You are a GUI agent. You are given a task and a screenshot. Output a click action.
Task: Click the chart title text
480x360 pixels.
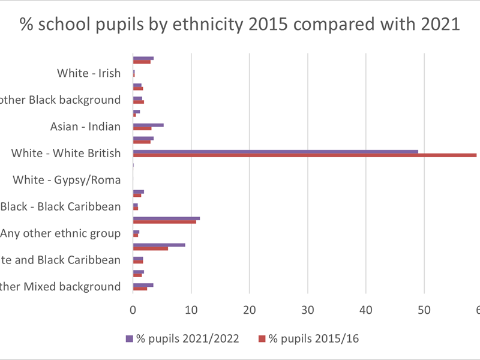point(239,25)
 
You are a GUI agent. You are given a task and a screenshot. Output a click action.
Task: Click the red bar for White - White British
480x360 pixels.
point(304,155)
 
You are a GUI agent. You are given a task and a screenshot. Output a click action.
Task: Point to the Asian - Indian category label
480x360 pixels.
point(86,127)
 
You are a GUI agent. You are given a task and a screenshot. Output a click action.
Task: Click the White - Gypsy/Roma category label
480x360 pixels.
point(67,179)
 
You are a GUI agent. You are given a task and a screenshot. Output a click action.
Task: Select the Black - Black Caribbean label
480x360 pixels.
point(61,206)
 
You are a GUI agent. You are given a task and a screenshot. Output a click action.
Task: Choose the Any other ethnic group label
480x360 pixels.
point(61,233)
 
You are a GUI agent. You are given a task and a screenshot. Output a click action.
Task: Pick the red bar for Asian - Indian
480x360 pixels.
point(142,129)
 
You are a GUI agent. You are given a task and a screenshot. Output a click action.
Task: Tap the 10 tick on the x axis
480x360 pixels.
point(191,310)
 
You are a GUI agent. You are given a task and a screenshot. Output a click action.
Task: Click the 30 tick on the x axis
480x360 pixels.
point(308,310)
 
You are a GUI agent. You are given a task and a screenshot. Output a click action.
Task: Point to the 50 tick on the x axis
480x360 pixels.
point(424,310)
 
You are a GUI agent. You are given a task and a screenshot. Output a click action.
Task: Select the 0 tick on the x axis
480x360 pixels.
point(133,310)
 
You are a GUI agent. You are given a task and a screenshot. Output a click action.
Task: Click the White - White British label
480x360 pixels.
point(66,154)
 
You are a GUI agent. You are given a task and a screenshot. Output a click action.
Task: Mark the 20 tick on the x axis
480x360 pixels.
point(250,310)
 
